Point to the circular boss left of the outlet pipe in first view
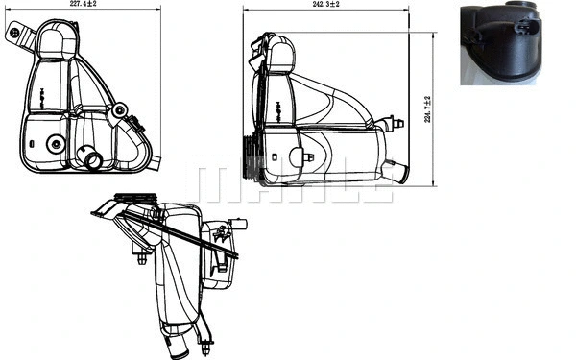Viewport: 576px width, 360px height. coord(56,145)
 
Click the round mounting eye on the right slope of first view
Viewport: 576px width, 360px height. coord(119,111)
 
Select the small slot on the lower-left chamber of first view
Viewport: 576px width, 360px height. coord(32,144)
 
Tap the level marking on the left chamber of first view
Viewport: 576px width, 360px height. coord(44,94)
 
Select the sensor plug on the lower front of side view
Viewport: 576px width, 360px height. coord(306,158)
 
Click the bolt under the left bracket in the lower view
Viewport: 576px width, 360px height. coord(142,257)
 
